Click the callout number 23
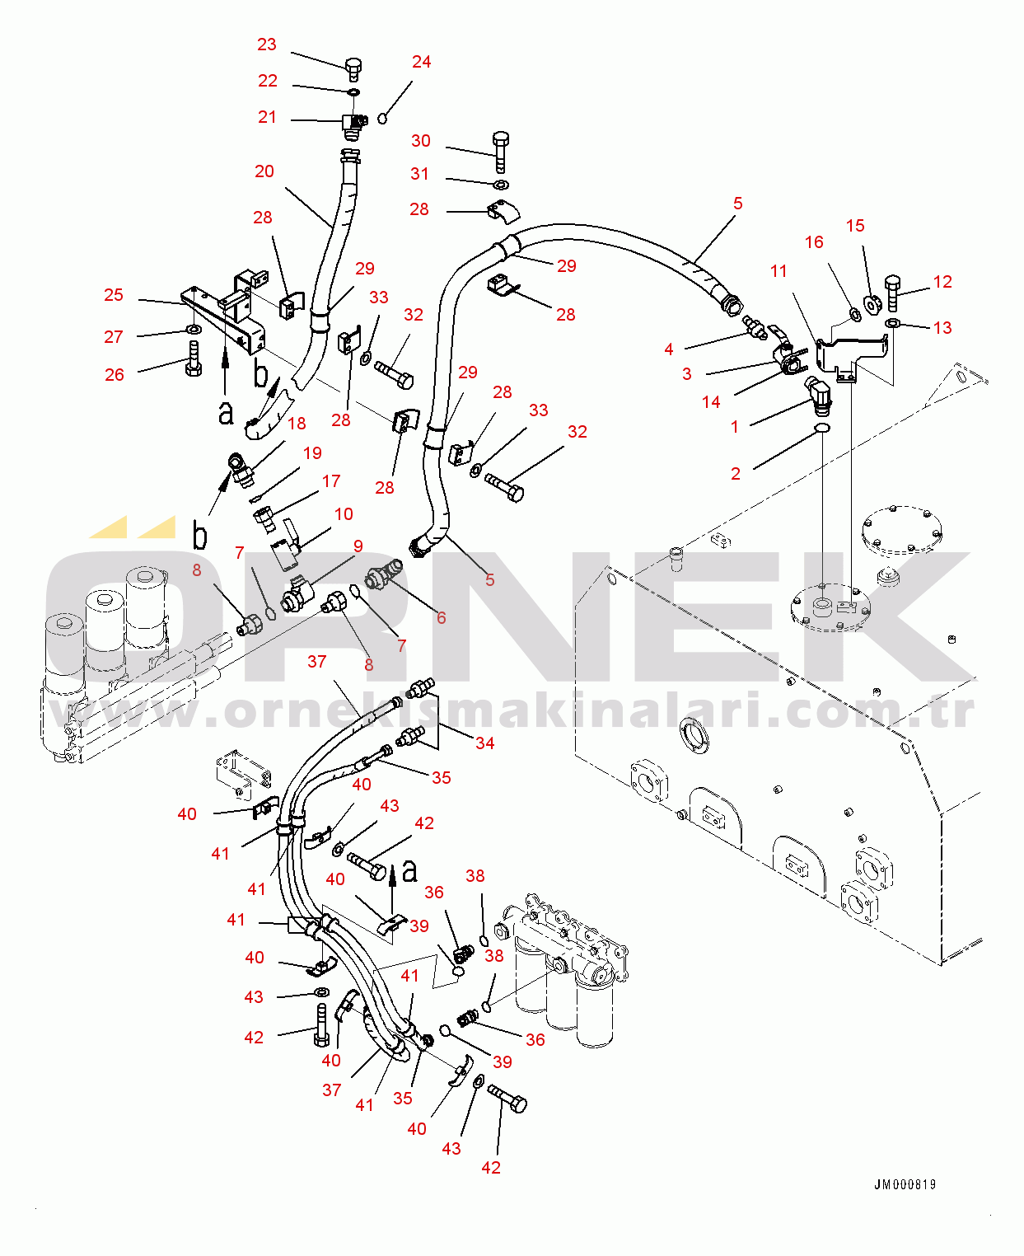point(267,45)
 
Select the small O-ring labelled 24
point(383,119)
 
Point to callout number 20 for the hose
point(264,171)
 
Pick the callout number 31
point(420,174)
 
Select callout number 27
point(114,336)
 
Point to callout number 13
point(942,328)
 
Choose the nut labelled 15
point(872,304)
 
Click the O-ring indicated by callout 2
point(822,428)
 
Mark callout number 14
point(712,402)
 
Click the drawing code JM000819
point(905,1184)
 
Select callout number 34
point(485,743)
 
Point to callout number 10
point(344,514)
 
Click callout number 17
point(331,481)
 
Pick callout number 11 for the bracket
point(779,271)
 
